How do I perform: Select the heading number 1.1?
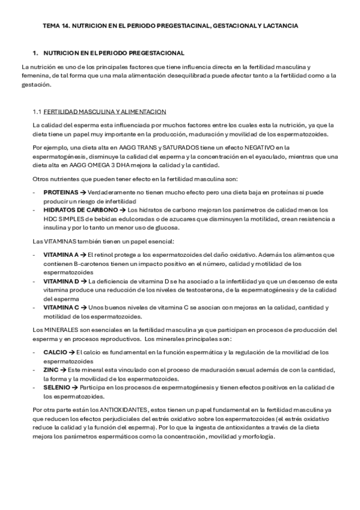38,111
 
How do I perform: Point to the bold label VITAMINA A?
61,254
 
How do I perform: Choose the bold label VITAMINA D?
61,281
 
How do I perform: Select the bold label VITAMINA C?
61,307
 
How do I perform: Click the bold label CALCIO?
55,351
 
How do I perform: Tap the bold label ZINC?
51,369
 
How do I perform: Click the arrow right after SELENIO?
76,387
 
